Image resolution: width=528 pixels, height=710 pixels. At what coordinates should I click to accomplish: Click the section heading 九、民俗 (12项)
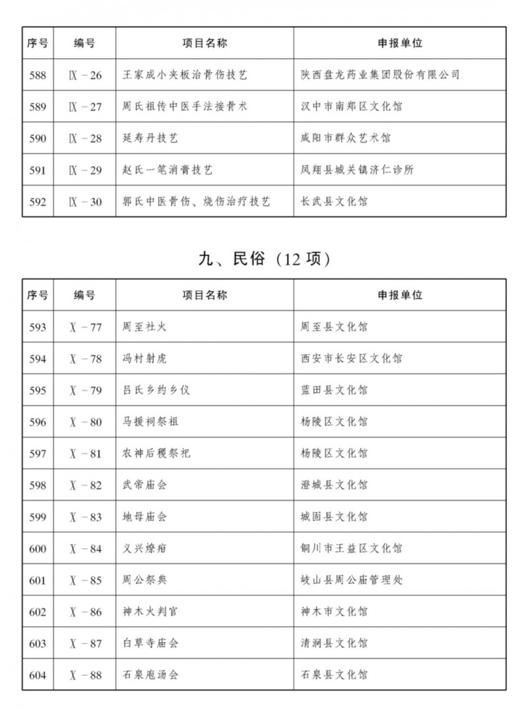click(x=264, y=259)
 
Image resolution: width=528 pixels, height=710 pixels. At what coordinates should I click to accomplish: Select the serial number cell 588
click(x=38, y=75)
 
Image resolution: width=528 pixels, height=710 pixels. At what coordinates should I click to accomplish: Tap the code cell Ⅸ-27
click(x=85, y=107)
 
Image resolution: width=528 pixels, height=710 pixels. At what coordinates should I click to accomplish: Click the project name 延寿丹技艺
click(x=150, y=139)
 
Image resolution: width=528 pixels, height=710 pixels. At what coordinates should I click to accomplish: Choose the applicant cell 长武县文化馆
click(x=333, y=202)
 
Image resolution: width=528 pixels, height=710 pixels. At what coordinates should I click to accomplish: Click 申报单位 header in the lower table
click(x=400, y=295)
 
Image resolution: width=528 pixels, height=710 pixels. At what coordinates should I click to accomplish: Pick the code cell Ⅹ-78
click(x=85, y=359)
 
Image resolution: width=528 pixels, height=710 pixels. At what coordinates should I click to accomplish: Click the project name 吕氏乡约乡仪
click(x=156, y=390)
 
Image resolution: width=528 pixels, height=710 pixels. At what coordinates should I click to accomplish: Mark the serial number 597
click(x=38, y=454)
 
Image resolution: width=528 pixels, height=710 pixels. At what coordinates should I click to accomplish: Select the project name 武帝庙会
click(x=145, y=485)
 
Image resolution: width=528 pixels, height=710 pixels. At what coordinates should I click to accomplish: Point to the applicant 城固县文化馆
click(x=333, y=517)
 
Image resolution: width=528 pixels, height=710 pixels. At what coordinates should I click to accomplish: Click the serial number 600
click(x=38, y=549)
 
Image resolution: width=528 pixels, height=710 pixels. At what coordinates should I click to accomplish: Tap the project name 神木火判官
click(x=150, y=612)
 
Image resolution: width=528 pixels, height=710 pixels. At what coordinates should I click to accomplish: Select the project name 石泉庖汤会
click(x=150, y=675)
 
